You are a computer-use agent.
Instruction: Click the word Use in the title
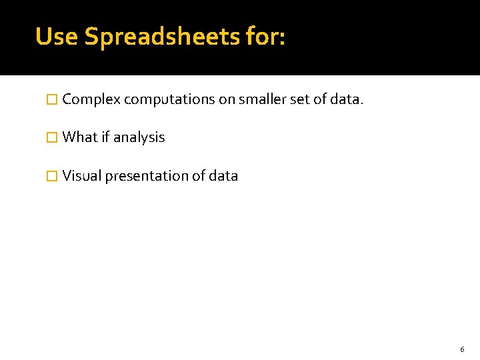57,37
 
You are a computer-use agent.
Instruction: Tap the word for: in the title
265,37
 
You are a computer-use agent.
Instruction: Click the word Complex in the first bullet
91,100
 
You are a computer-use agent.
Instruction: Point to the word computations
169,100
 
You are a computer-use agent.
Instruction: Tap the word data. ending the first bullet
347,100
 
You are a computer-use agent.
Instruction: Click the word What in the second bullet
80,137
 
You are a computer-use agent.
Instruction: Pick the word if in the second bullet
105,137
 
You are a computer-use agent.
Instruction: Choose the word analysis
139,138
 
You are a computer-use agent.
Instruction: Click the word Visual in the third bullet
81,176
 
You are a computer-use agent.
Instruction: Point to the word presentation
145,177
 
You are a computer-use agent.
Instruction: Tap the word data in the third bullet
223,176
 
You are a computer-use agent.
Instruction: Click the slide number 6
462,349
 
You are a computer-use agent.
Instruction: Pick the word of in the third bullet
199,176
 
